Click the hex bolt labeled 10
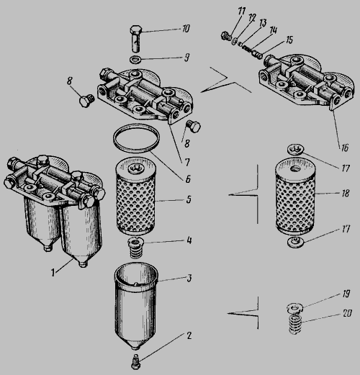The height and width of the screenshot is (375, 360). point(137,37)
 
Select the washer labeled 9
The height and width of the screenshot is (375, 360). point(136,59)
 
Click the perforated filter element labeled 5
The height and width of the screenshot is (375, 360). point(135,196)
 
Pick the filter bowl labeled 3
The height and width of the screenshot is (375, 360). point(136,304)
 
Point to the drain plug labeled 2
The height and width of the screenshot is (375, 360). point(136,363)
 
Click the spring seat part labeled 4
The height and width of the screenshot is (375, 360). point(136,248)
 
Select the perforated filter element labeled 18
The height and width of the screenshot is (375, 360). point(295,196)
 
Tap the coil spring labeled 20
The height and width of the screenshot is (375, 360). point(295,325)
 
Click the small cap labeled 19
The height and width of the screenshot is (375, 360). point(295,308)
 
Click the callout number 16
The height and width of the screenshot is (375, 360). point(345,148)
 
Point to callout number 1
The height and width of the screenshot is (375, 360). point(53,273)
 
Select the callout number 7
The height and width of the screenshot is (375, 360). point(187,163)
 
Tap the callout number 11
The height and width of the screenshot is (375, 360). point(241,12)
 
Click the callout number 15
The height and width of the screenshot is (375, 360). point(289,40)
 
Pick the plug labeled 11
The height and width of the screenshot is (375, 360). point(225,36)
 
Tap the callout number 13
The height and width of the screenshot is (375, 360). point(263,24)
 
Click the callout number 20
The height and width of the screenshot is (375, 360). point(347,313)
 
